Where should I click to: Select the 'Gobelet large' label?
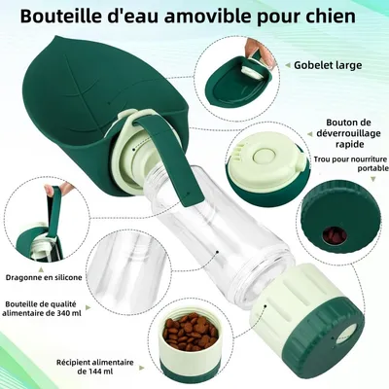coord(330,65)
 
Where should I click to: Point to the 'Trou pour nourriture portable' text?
coord(344,162)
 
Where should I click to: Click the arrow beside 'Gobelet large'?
coord(282,66)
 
